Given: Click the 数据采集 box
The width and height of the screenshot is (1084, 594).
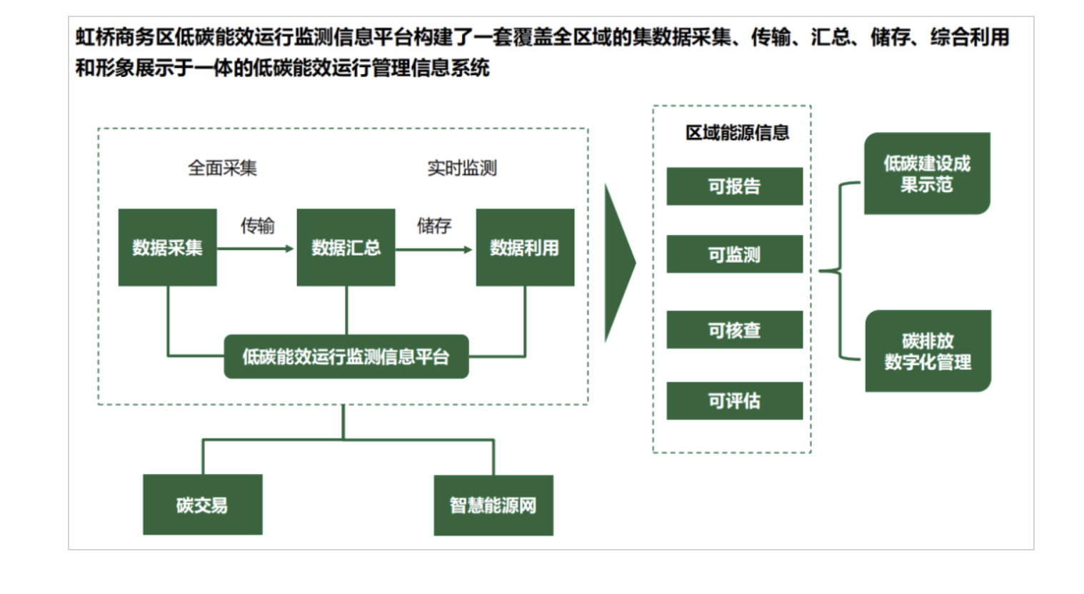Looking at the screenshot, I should [x=167, y=248].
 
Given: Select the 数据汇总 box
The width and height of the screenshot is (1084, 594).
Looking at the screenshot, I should [x=346, y=248].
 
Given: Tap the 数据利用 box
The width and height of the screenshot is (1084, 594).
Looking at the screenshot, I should [x=525, y=248].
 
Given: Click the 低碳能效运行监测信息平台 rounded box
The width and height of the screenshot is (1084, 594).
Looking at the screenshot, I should [x=346, y=356].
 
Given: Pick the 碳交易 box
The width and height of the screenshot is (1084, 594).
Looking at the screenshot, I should [x=202, y=505].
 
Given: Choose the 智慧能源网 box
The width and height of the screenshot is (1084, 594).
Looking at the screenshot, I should [x=493, y=505].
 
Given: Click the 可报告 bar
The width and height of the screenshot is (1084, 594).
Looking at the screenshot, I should [x=734, y=186].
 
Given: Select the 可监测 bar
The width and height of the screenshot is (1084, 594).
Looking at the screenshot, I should [x=734, y=254].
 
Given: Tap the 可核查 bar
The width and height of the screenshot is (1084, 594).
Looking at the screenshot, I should [x=734, y=330].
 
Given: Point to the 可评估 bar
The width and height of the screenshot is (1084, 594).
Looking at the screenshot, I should [x=734, y=401].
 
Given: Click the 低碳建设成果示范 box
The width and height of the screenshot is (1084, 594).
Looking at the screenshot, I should [x=927, y=173].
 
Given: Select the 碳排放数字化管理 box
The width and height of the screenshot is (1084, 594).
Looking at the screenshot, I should [x=928, y=351].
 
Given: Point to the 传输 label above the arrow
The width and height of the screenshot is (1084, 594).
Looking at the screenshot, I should [x=257, y=226].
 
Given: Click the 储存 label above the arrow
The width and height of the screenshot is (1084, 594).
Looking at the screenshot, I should [x=434, y=226].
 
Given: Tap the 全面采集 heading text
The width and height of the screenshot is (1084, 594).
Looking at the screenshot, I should [x=222, y=168].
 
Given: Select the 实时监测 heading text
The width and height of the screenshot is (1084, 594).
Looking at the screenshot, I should [x=462, y=168].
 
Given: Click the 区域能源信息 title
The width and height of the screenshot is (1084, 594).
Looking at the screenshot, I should [x=737, y=133].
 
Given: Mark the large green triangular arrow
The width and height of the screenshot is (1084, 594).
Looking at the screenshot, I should [x=618, y=263].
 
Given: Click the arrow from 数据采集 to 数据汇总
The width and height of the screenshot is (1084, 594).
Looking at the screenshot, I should [x=256, y=248].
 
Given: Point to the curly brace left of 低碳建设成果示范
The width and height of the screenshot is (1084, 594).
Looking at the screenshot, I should [x=840, y=271].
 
